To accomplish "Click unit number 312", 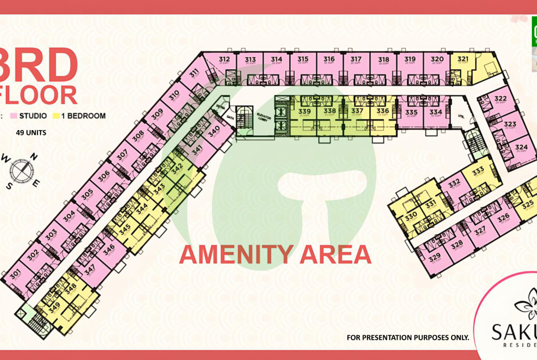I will (224, 59).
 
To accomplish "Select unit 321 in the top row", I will (463, 59).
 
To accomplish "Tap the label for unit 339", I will (304, 111).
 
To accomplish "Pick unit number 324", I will (521, 148).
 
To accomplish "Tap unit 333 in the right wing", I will (478, 171).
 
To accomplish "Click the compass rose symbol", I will (20, 170).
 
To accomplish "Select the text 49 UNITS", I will (31, 133).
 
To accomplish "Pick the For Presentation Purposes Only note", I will (408, 338).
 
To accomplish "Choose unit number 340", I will (214, 134).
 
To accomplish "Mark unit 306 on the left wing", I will (104, 176).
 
